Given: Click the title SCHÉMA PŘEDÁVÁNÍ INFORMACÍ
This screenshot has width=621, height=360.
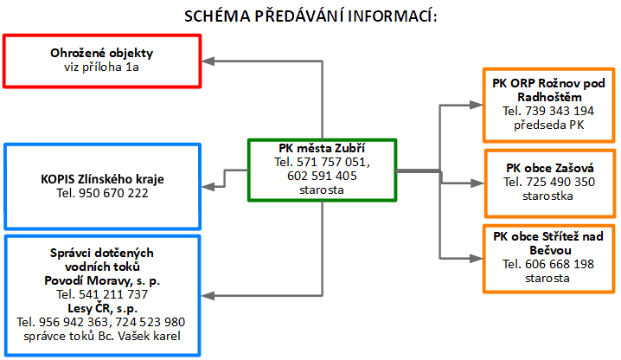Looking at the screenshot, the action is (310, 16).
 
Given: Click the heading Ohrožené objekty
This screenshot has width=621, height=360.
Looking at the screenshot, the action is (102, 53).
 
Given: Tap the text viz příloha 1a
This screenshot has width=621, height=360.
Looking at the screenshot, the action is (101, 67).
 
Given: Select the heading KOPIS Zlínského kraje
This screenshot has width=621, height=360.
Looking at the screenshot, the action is (102, 179).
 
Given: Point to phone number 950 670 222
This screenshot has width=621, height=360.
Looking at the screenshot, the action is (113, 193).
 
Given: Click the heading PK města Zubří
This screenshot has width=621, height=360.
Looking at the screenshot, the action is (322, 148).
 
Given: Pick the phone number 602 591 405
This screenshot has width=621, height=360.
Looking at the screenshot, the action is (322, 176).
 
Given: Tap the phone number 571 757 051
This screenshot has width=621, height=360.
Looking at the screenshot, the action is (332, 162).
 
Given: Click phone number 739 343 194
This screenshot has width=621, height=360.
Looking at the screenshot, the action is (560, 111).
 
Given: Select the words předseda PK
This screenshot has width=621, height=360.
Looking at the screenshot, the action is (549, 125).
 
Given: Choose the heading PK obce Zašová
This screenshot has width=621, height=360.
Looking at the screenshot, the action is (550, 168).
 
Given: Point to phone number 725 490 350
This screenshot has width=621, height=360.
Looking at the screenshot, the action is (560, 182).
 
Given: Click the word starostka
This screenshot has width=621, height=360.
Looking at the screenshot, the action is (547, 196).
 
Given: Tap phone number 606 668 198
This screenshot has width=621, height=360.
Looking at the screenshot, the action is (560, 264).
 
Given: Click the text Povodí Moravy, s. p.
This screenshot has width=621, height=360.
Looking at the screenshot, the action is (102, 280).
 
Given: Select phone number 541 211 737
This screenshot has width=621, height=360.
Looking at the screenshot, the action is (113, 294).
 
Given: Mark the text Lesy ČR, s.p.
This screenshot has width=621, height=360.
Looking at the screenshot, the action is (102, 308).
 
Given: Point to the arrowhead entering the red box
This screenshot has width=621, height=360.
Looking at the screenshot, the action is (208, 61).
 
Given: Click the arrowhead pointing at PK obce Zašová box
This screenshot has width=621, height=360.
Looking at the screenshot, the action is (477, 183).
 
